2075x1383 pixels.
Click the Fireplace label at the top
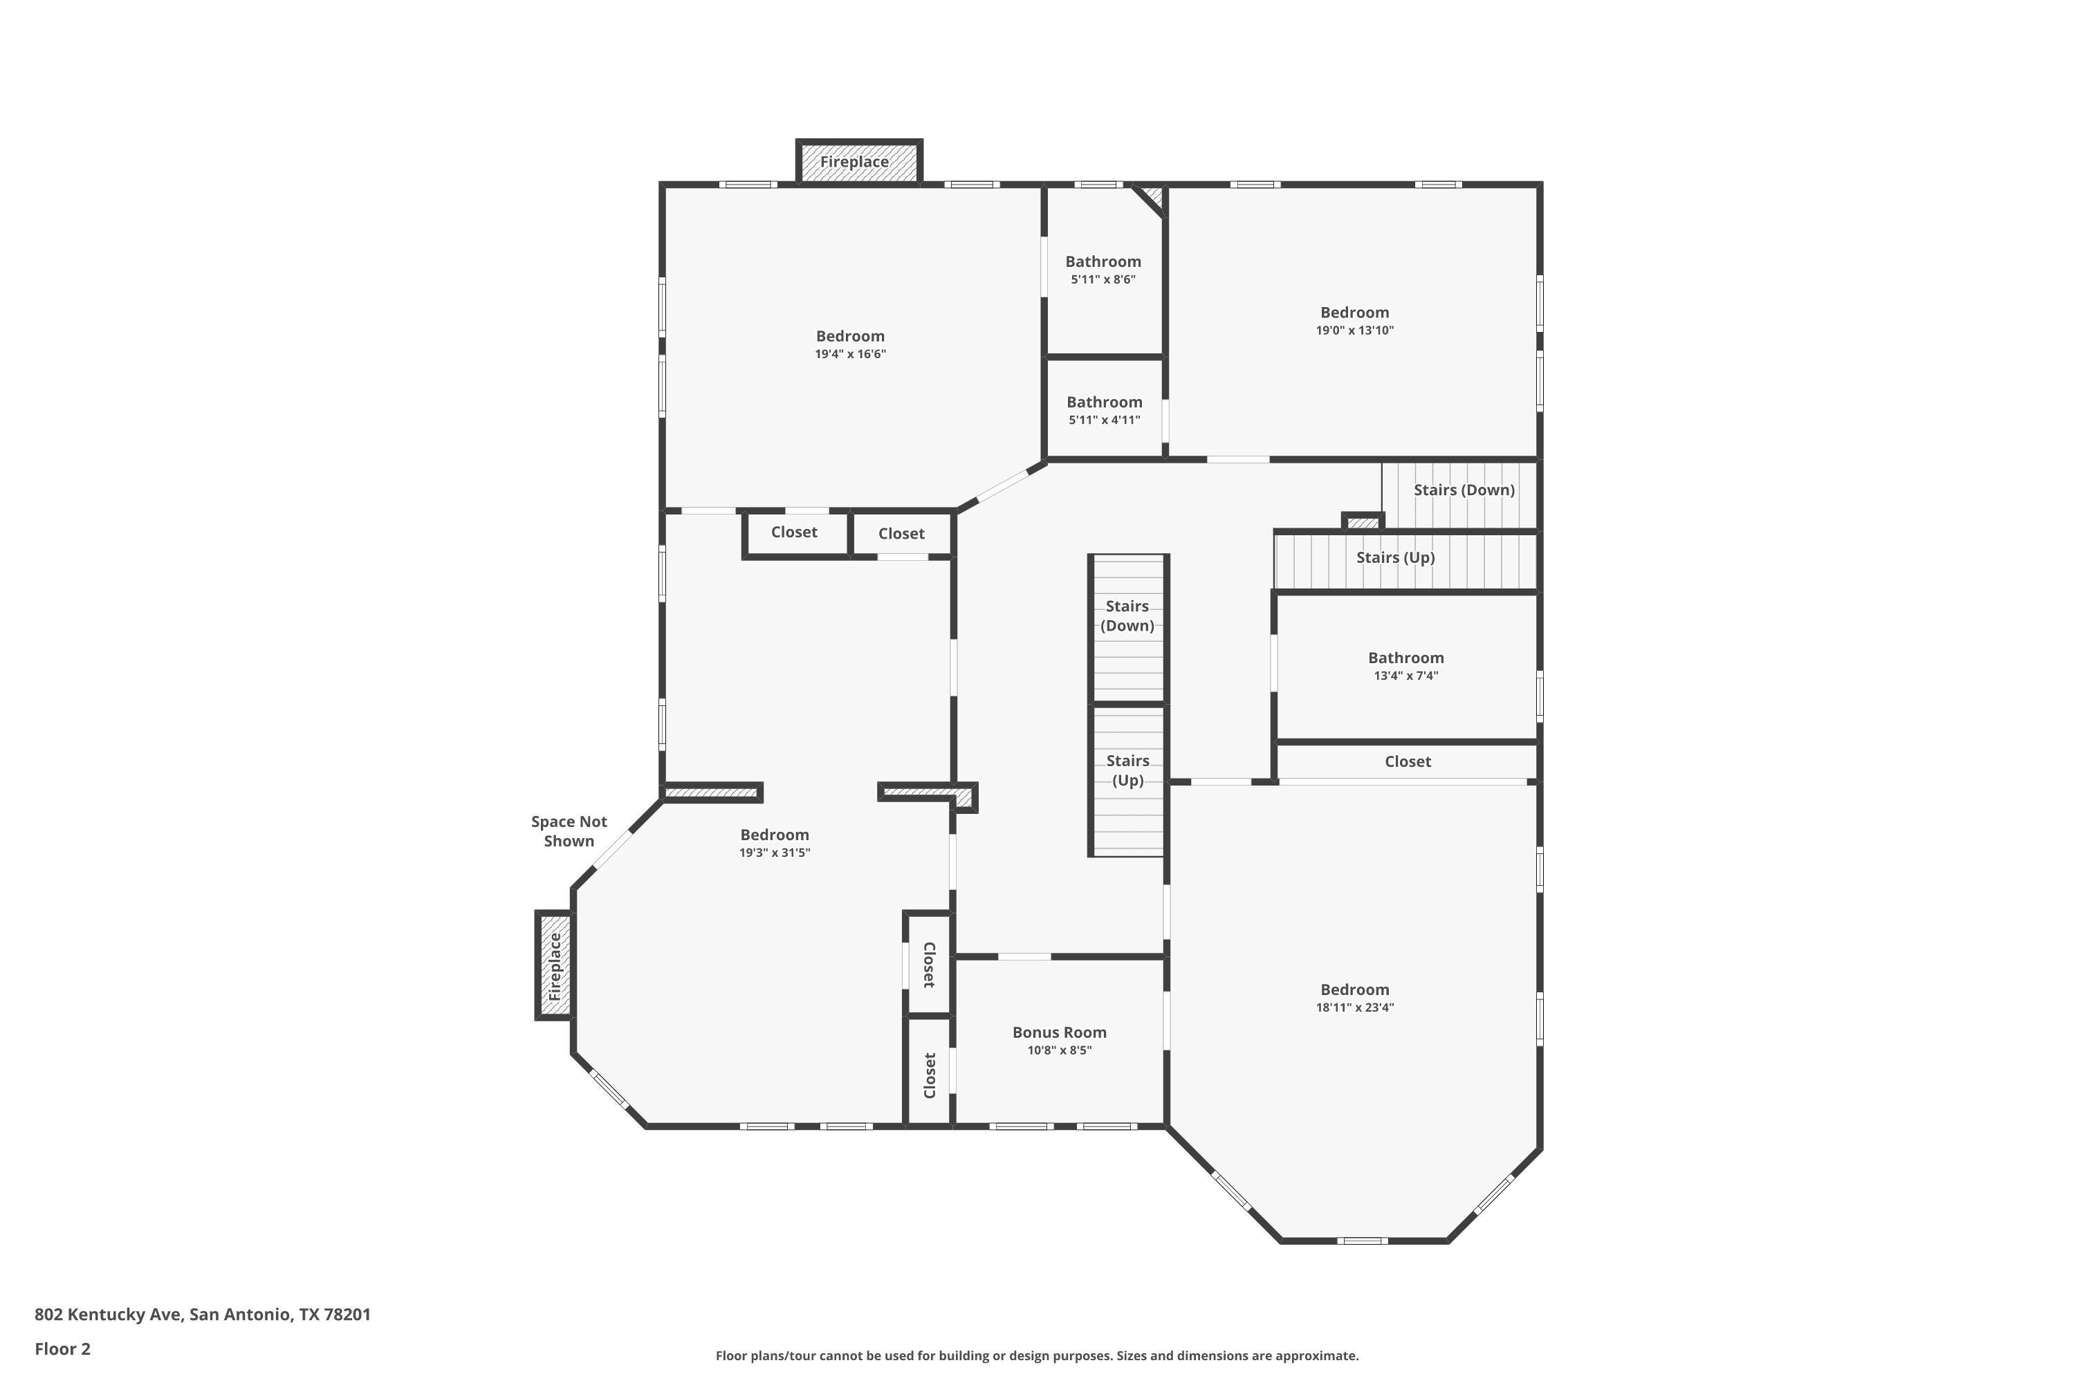click(854, 163)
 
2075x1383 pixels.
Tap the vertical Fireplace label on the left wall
click(555, 967)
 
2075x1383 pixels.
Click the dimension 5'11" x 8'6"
click(1103, 279)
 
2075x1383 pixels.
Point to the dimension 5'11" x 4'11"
click(1105, 420)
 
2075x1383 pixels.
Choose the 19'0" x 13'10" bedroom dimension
click(1355, 331)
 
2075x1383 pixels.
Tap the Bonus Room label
click(1060, 1032)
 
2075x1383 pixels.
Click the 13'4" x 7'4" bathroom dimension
click(1406, 676)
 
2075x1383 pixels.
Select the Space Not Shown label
click(569, 831)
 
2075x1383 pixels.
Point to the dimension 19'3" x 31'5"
click(775, 853)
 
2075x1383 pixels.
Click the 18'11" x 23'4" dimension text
click(1355, 1008)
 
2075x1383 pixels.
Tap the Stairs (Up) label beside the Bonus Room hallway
click(1127, 770)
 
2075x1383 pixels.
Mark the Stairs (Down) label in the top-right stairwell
click(1464, 490)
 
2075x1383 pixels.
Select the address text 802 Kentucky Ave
click(109, 1315)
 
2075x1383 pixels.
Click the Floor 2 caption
click(63, 1348)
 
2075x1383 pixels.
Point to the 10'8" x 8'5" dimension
click(1060, 1050)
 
